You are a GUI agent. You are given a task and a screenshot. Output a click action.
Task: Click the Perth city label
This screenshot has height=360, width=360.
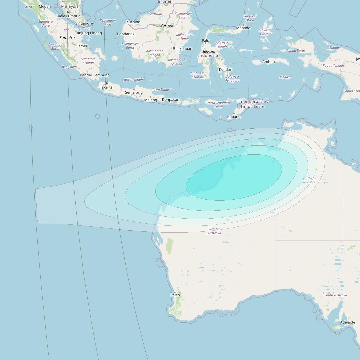[x=175, y=295]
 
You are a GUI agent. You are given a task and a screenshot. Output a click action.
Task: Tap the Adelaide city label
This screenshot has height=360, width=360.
[x=347, y=322]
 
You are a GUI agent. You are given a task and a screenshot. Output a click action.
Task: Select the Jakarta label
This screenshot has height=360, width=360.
[x=107, y=87]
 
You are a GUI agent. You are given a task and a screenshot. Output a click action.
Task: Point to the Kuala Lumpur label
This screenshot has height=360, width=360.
[x=68, y=16]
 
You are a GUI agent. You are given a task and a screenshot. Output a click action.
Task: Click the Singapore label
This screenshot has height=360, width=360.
[x=84, y=24]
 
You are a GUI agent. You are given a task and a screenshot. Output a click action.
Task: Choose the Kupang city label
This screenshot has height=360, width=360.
[x=234, y=117]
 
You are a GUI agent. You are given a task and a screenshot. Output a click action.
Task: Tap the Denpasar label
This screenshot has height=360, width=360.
[x=170, y=100]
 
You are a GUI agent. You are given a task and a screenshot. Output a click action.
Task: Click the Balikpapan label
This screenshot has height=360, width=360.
[x=183, y=49]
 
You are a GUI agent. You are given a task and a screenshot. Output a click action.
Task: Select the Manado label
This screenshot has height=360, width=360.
[x=243, y=28]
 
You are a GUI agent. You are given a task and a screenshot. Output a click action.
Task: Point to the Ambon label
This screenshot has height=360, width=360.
[x=268, y=62]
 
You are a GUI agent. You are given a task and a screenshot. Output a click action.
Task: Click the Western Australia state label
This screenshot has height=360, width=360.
[x=214, y=231]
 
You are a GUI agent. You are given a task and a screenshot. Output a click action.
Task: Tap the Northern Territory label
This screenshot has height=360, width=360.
[x=309, y=180]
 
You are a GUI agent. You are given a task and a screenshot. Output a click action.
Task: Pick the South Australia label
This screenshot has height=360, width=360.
[x=336, y=295]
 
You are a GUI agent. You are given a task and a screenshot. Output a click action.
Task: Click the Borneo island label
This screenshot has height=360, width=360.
[x=167, y=26]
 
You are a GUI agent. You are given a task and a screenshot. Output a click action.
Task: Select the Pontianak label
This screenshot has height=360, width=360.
[x=126, y=34]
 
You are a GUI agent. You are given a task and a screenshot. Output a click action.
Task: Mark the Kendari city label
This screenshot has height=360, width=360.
[x=225, y=70]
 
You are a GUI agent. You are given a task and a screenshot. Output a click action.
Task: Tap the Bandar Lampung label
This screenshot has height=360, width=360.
[x=95, y=75]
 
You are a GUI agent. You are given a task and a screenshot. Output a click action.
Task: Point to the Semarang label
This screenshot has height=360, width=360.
[x=134, y=93]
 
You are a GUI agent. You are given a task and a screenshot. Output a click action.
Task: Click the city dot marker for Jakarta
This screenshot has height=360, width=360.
[x=107, y=83]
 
